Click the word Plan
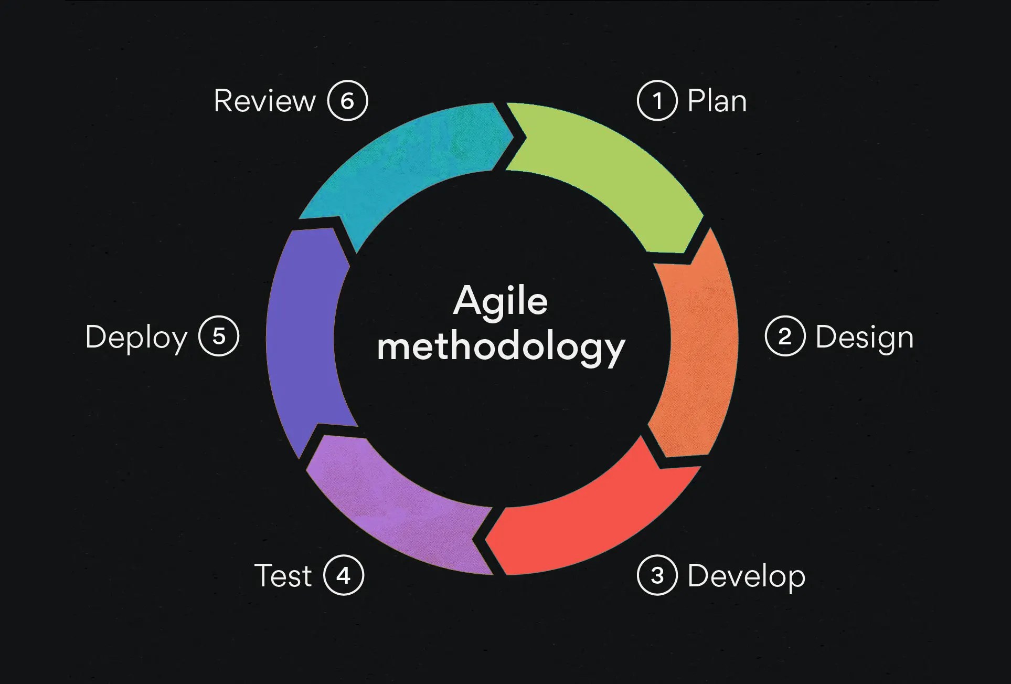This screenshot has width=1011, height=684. (717, 101)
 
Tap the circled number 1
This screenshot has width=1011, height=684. (657, 101)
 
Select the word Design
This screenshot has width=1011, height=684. (865, 338)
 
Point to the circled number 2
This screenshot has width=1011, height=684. (785, 336)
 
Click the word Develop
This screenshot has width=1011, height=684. (746, 576)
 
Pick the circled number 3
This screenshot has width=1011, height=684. (657, 575)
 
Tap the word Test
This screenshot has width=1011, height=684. (283, 575)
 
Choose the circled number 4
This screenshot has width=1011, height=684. (344, 575)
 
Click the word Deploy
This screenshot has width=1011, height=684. (136, 338)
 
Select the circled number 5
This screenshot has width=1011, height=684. (219, 336)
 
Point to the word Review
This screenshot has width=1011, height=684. (264, 101)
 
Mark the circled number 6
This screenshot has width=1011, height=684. (347, 101)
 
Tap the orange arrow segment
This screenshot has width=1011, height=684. (698, 346)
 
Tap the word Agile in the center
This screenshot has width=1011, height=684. (501, 301)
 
